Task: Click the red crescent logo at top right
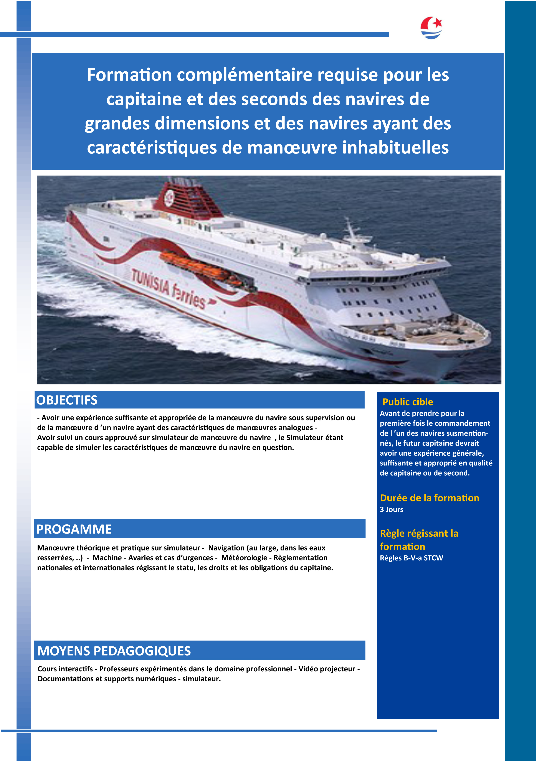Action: click(431, 28)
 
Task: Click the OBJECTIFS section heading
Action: click(67, 400)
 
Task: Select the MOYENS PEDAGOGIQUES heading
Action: click(114, 651)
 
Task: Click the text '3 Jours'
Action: click(392, 509)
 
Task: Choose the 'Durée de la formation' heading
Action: click(429, 498)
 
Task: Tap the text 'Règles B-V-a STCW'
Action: click(411, 558)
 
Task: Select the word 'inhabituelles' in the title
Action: click(395, 148)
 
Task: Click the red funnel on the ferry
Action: click(189, 199)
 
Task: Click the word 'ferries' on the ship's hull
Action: click(189, 297)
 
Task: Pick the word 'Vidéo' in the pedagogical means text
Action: click(309, 669)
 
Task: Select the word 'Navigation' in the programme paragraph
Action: click(226, 548)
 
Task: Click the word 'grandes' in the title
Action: click(117, 124)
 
